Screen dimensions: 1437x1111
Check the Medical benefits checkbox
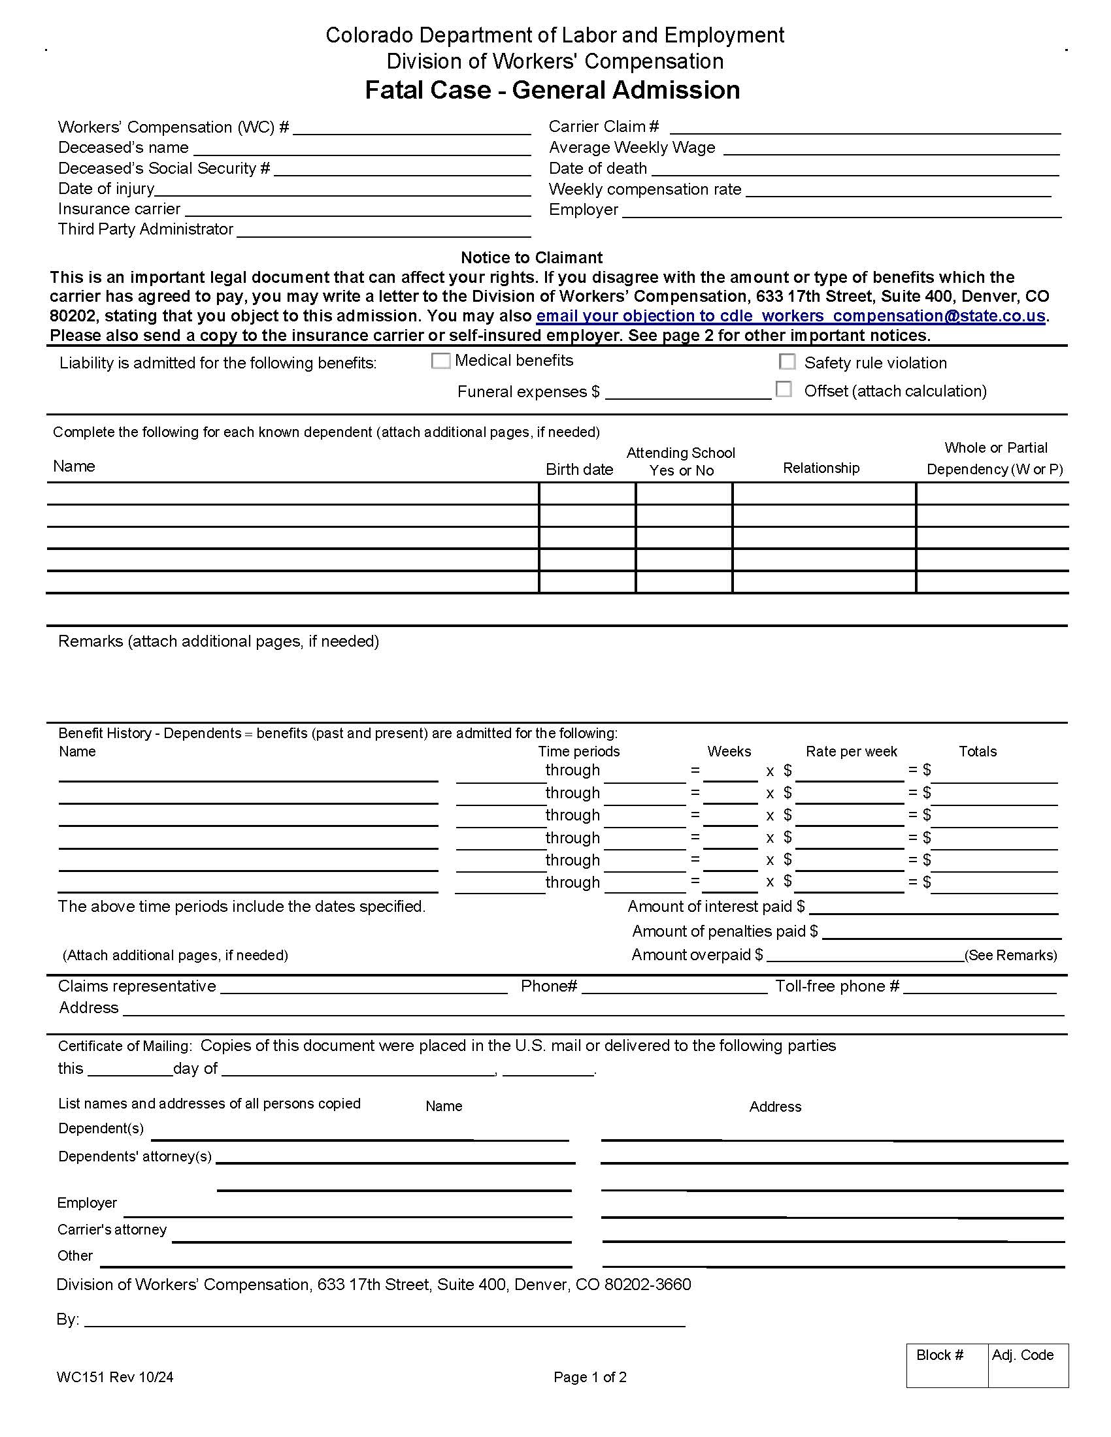click(x=440, y=361)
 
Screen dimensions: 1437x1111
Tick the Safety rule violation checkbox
click(x=786, y=362)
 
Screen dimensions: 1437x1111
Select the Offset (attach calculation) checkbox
click(x=783, y=389)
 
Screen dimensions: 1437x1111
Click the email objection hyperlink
click(x=791, y=316)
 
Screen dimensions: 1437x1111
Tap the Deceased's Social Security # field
click(x=402, y=169)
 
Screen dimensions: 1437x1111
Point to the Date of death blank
click(x=855, y=169)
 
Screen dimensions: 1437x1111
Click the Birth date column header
click(x=579, y=469)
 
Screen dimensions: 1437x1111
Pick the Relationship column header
click(x=821, y=468)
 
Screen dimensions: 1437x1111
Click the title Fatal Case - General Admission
click(x=552, y=90)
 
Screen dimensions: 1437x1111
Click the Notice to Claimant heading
click(x=531, y=257)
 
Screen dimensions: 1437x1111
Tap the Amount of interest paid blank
click(x=933, y=907)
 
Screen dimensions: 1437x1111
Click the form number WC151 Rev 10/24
click(x=115, y=1377)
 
